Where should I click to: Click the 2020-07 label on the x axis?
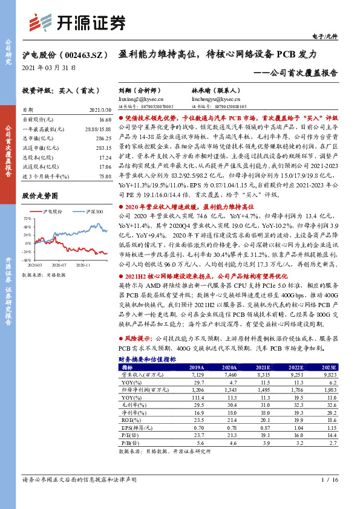point(59,264)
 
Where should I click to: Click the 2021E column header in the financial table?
point(262,367)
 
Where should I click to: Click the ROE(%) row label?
point(129,419)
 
